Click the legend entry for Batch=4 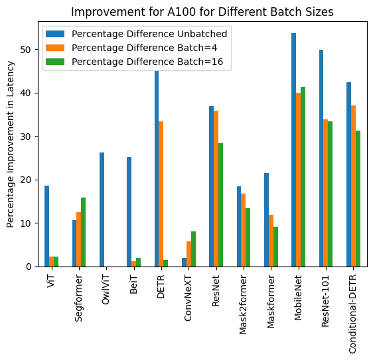click(132, 48)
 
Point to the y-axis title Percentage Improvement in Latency click(11, 145)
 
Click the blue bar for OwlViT click(102, 210)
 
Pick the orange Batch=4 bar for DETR click(161, 194)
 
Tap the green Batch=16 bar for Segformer click(83, 232)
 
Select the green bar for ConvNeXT click(193, 249)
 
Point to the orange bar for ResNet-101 click(326, 193)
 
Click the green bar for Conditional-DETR click(358, 198)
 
